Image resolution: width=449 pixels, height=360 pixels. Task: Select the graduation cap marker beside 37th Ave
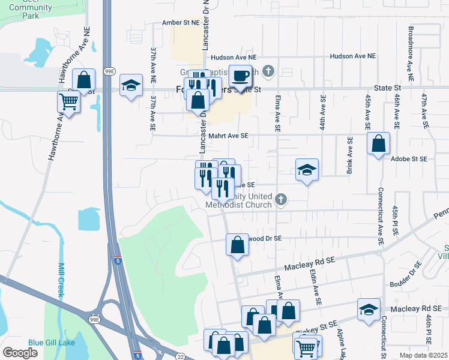(130, 85)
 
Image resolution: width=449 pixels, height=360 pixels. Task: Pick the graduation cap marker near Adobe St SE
(307, 170)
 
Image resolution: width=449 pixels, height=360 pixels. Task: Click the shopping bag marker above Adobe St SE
(378, 144)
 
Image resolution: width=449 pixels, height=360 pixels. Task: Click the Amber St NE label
(180, 22)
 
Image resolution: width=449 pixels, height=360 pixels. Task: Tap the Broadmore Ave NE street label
(411, 53)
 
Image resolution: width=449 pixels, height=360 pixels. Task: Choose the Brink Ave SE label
(349, 155)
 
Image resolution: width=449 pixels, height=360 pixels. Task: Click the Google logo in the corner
(20, 352)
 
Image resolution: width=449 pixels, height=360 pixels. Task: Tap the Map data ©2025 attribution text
(423, 355)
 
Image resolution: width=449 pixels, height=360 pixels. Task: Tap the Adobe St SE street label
(408, 159)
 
